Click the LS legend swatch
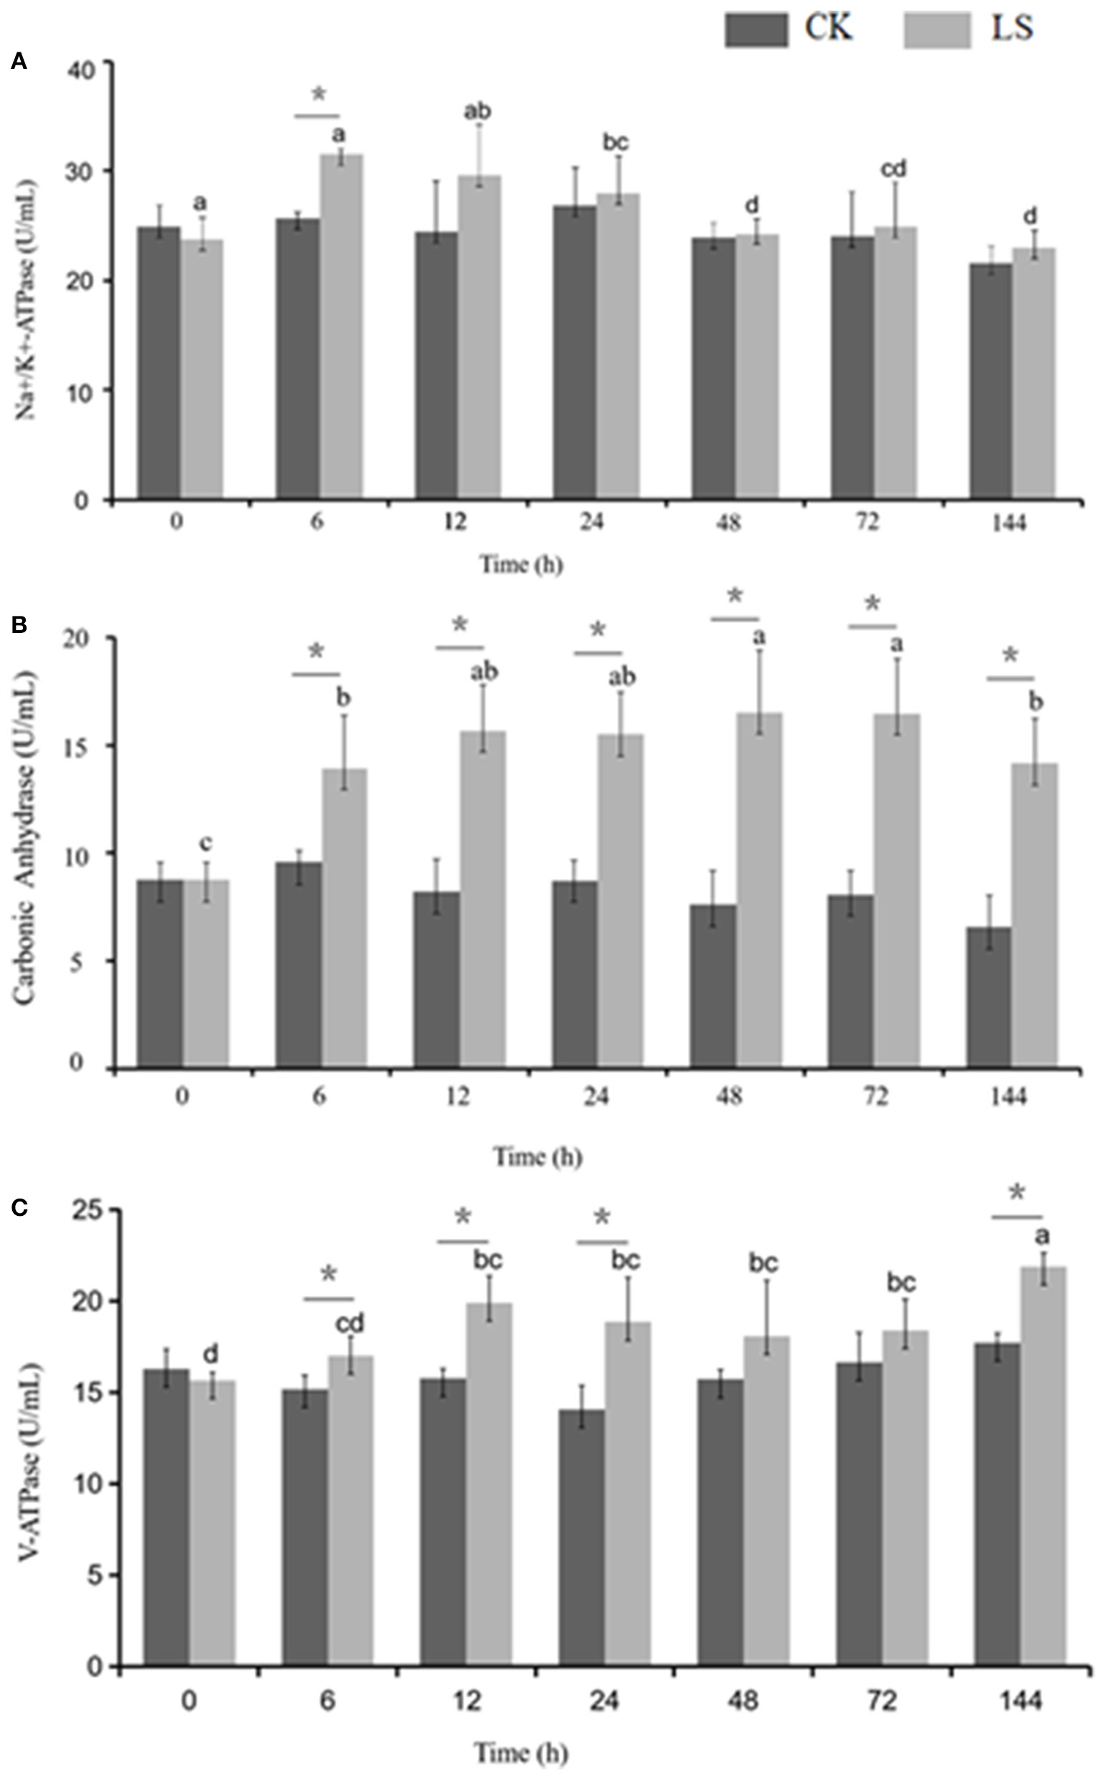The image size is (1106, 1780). pos(936,32)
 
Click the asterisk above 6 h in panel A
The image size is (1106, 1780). pos(319,95)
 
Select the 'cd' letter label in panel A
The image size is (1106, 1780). pos(892,169)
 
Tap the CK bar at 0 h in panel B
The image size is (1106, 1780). pos(159,973)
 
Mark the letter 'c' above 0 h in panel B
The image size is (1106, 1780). pos(207,844)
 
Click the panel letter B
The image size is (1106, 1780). pos(20,624)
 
